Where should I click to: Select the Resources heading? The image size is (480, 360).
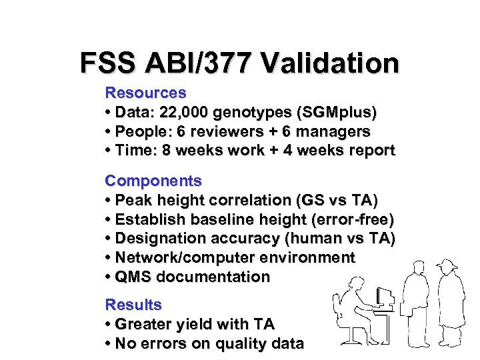coord(145,92)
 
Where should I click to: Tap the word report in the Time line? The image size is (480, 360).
coord(371,150)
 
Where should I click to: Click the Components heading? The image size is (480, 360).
coord(153,181)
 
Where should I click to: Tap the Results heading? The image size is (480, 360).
coord(133,305)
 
